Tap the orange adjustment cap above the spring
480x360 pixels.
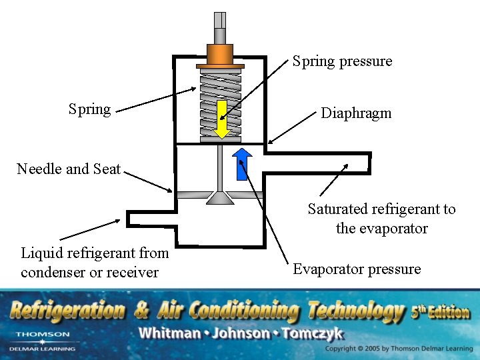pyautogui.click(x=219, y=54)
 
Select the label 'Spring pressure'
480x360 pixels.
pyautogui.click(x=343, y=61)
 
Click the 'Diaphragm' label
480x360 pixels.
pyautogui.click(x=356, y=113)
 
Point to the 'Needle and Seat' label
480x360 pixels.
pyautogui.click(x=69, y=169)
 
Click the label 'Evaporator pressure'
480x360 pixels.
pyautogui.click(x=357, y=269)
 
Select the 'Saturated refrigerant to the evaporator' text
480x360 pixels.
pyautogui.click(x=381, y=219)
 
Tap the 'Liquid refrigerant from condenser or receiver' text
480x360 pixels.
pyautogui.click(x=95, y=263)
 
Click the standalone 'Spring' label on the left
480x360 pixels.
pyautogui.click(x=90, y=109)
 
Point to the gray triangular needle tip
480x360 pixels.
pyautogui.click(x=219, y=197)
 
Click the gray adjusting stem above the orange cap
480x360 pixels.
pyautogui.click(x=219, y=28)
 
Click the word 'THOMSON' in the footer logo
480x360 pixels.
pyautogui.click(x=43, y=334)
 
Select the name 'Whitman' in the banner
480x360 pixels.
pyautogui.click(x=167, y=333)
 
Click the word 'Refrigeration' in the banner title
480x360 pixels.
pyautogui.click(x=67, y=311)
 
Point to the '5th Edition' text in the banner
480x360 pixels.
pyautogui.click(x=440, y=311)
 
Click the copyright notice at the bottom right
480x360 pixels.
pyautogui.click(x=399, y=349)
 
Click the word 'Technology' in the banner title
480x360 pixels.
pyautogui.click(x=356, y=311)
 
